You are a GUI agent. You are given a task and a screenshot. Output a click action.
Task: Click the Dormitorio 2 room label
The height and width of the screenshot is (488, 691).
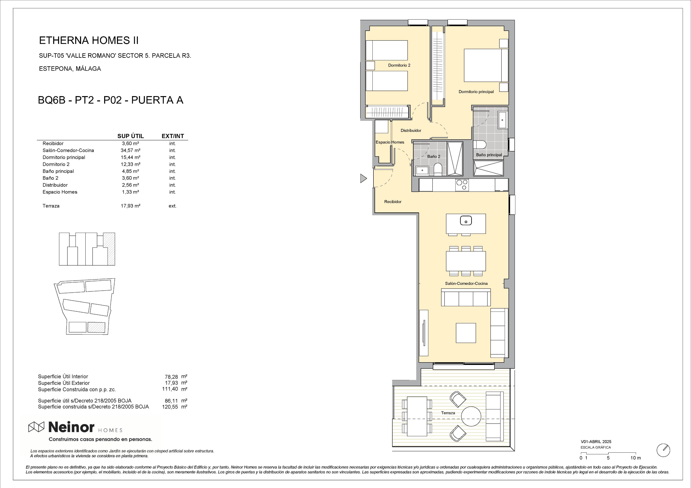[x=399, y=65]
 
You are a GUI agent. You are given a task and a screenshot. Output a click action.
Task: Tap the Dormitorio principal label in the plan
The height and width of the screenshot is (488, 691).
[x=476, y=92]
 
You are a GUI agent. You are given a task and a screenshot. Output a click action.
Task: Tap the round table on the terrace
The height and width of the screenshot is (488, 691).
[x=471, y=416]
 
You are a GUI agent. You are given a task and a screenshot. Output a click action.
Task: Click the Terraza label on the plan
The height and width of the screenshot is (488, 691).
[x=448, y=413]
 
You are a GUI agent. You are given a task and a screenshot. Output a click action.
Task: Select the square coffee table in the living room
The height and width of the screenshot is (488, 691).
[x=466, y=333]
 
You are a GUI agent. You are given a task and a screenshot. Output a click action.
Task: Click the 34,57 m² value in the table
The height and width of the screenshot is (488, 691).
[x=130, y=150]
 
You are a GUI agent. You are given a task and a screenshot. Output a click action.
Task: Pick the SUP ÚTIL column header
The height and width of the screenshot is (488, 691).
[x=130, y=136]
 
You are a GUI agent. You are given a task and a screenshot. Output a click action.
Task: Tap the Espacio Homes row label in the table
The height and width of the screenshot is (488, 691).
[x=60, y=192]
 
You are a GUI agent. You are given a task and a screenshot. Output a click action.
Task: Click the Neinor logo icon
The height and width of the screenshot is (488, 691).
[x=36, y=427]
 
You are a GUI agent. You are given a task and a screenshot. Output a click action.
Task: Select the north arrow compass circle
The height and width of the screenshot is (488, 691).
[x=663, y=450]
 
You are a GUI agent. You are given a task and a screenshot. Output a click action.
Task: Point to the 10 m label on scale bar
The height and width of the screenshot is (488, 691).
[x=636, y=458]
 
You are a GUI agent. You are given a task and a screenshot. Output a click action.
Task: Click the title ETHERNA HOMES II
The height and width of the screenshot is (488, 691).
[x=89, y=40]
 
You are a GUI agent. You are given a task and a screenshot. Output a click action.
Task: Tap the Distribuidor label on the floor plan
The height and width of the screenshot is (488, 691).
[x=411, y=130]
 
